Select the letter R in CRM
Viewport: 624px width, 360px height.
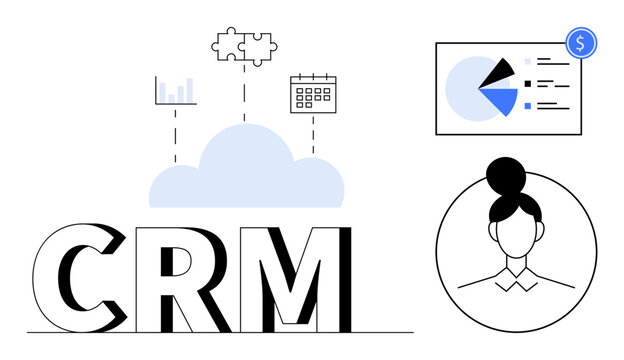(180, 278)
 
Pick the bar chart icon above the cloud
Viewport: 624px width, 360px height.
(175, 90)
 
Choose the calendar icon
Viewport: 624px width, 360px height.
(312, 92)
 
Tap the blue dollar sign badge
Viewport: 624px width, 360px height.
(581, 42)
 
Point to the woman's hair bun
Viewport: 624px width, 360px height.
(506, 175)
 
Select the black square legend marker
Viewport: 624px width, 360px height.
(528, 83)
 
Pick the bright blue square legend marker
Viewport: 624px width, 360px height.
(528, 104)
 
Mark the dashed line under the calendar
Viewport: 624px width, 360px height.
(312, 135)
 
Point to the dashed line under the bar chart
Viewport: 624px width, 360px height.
(175, 135)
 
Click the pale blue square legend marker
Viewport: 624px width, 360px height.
(528, 61)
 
